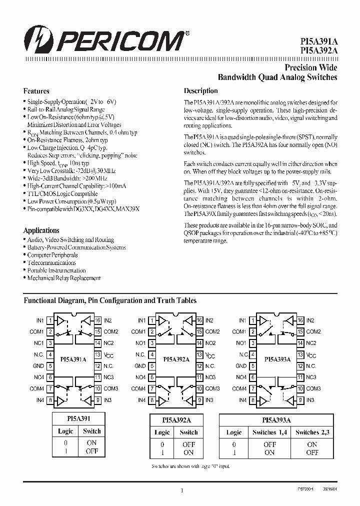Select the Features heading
[36, 91]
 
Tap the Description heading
[201, 91]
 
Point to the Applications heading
[41, 230]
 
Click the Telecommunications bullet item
[51, 262]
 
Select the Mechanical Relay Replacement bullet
[63, 278]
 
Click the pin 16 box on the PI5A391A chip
[98, 320]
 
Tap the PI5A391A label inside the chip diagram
[74, 359]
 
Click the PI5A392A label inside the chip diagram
[175, 359]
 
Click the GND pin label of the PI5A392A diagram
[140, 366]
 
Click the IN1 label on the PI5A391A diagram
[40, 320]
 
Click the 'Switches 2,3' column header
[312, 432]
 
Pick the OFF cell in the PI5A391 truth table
[92, 451]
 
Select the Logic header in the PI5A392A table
[162, 432]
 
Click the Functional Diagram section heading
[110, 300]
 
